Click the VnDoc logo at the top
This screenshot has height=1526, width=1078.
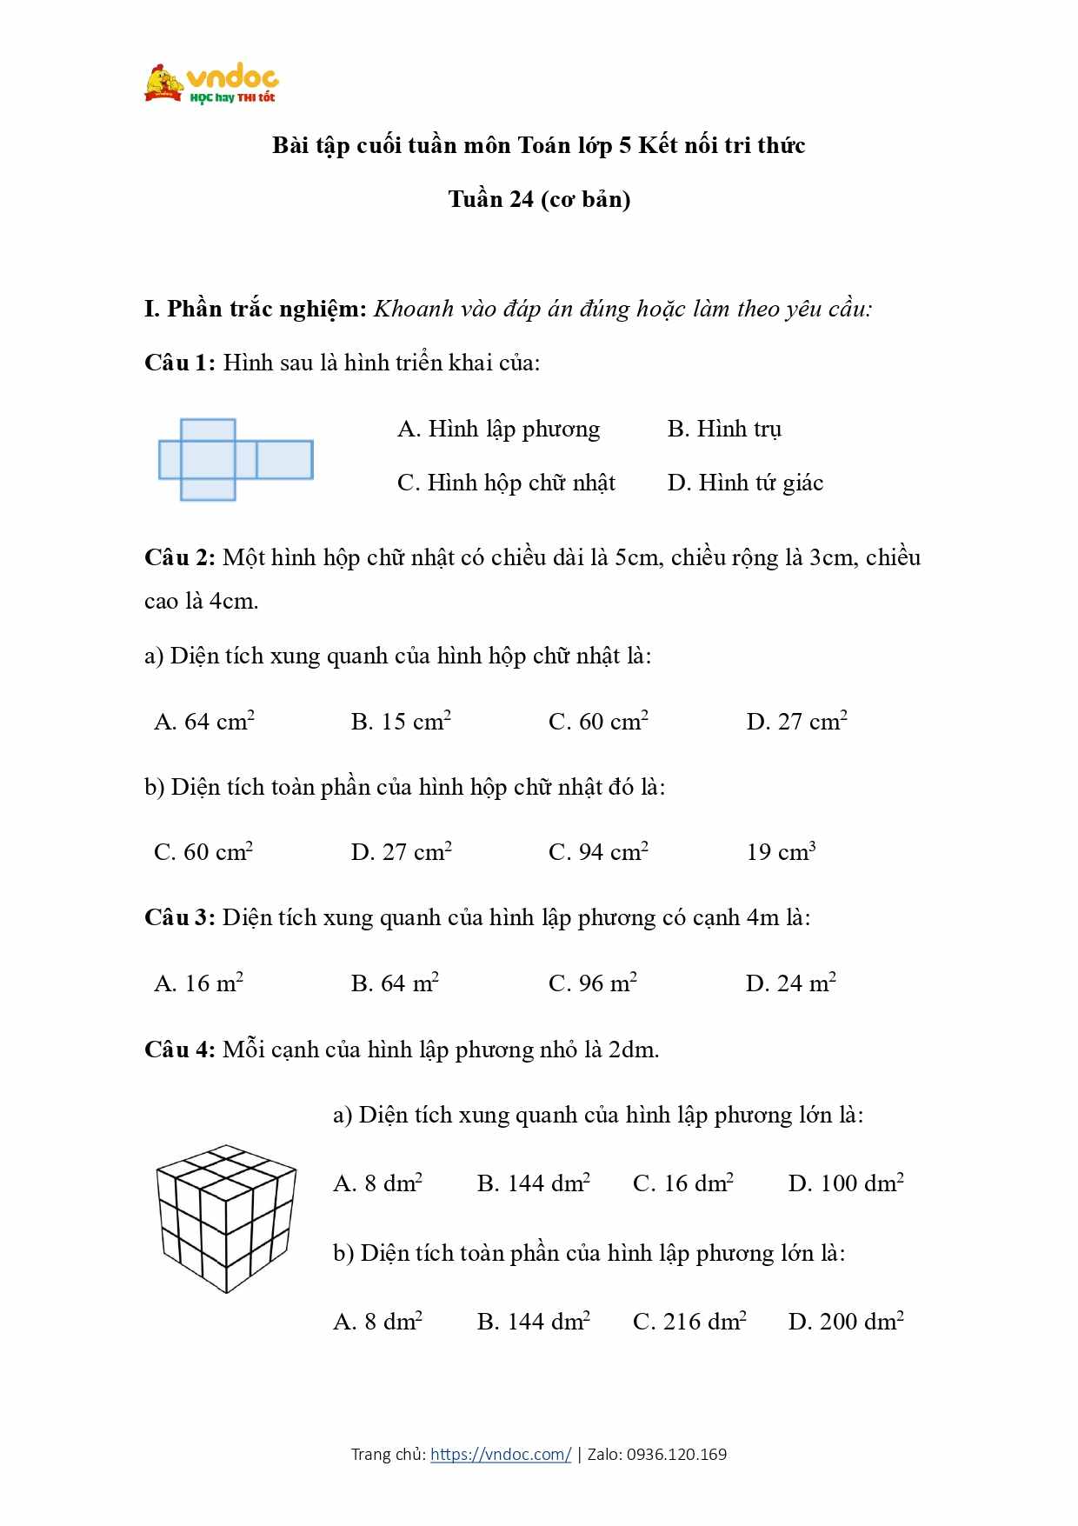pos(211,84)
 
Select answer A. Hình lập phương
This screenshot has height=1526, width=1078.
pos(498,429)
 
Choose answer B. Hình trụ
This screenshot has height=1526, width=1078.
pos(724,429)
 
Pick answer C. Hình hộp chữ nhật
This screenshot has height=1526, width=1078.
pos(506,483)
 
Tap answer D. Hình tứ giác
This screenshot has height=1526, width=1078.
pos(745,483)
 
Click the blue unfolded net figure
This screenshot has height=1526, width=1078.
pos(235,459)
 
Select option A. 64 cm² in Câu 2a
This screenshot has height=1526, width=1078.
pos(204,721)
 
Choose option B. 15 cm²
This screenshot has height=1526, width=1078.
pos(401,721)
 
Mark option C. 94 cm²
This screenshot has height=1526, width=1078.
pos(598,851)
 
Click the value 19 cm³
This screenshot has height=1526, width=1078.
pos(781,851)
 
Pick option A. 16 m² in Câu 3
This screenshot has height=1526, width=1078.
pos(198,983)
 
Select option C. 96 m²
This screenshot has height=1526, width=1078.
pos(593,983)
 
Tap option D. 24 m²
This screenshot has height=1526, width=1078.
pos(790,983)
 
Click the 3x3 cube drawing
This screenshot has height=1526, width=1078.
pos(226,1217)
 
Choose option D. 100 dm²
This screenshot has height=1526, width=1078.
pos(846,1183)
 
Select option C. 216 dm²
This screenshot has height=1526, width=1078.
pos(689,1321)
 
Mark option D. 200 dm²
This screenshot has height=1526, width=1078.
pos(846,1321)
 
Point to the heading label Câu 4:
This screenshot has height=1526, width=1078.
pos(179,1050)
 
